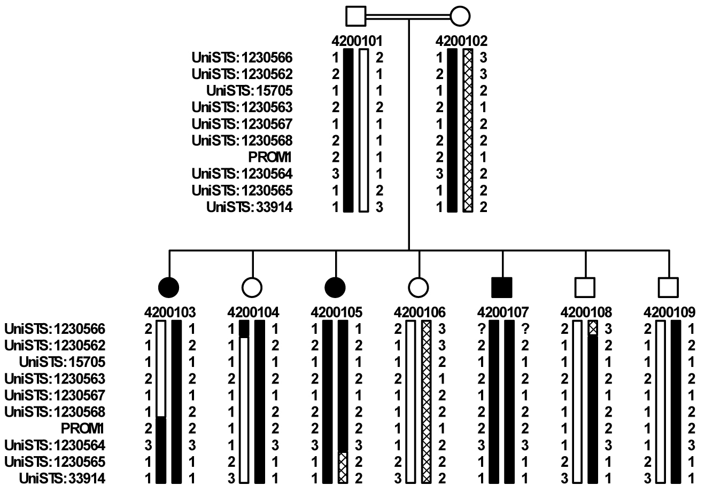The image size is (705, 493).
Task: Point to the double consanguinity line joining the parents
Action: click(x=408, y=17)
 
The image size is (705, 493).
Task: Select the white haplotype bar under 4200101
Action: click(x=363, y=131)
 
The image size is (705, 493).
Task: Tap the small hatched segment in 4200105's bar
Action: click(x=343, y=467)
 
